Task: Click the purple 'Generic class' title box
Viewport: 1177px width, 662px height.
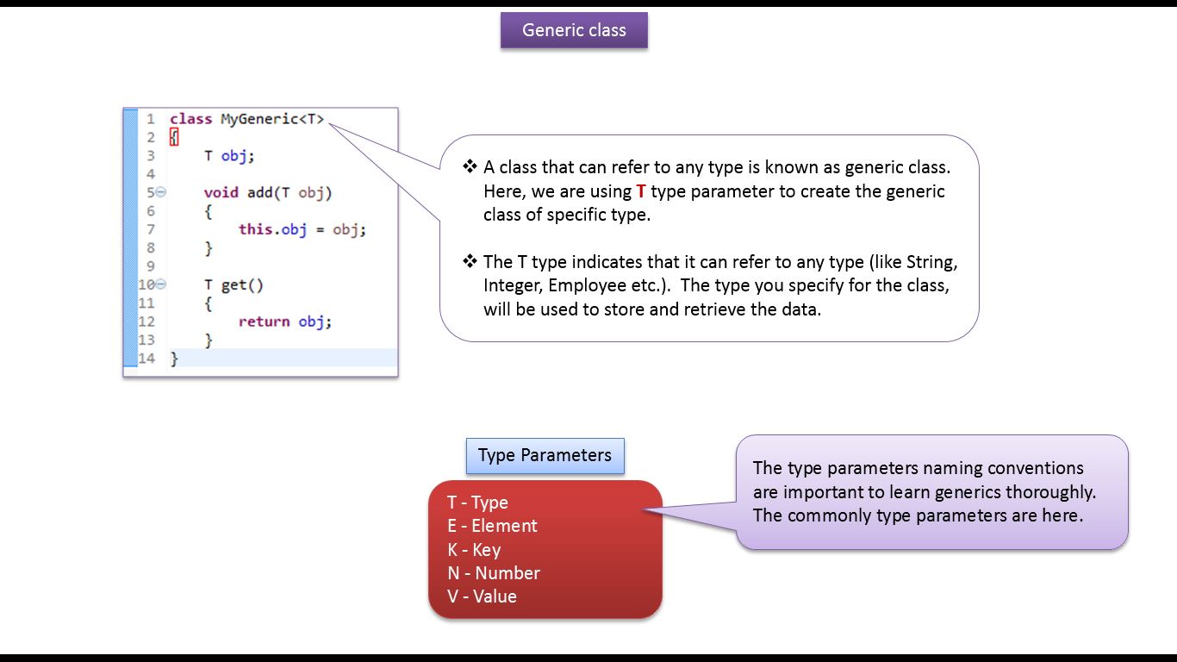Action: tap(574, 30)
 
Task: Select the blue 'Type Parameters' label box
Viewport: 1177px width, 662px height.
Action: tap(545, 455)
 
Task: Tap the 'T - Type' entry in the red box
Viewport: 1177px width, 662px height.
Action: tap(477, 503)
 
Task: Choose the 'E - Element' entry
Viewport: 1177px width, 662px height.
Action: tap(492, 526)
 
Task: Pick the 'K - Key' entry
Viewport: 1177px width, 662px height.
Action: tap(474, 550)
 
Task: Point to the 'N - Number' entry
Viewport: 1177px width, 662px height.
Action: tap(494, 573)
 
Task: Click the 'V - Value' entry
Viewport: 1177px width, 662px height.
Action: tap(482, 596)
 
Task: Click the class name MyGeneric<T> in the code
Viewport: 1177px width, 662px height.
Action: tap(272, 119)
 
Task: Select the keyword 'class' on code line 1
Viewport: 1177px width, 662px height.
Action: tap(190, 119)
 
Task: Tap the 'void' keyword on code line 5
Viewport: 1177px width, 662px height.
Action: tap(221, 192)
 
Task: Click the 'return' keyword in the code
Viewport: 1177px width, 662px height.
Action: tap(264, 322)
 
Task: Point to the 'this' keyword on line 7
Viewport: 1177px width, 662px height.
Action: tap(255, 229)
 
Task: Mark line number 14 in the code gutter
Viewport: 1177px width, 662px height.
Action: tap(146, 358)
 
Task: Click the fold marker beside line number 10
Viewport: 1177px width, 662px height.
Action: tap(161, 284)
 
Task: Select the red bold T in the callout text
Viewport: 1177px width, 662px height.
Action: tap(641, 191)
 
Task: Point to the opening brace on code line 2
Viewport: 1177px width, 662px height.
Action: tap(174, 137)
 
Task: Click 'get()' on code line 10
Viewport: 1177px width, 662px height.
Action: tap(242, 284)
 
